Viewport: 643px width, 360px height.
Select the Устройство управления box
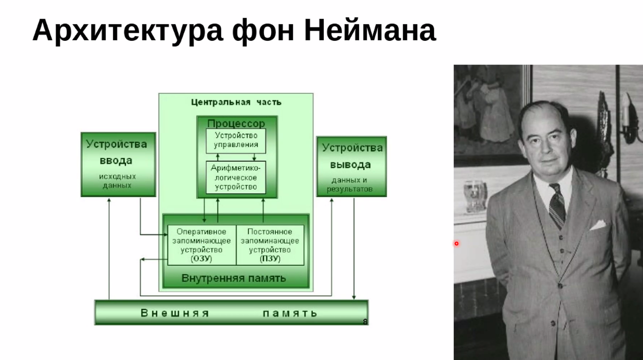(x=236, y=141)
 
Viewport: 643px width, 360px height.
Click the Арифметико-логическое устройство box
(x=236, y=177)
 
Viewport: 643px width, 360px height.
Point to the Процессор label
(x=236, y=123)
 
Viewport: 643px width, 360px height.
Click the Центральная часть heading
(x=236, y=102)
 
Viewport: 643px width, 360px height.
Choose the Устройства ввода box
(x=118, y=164)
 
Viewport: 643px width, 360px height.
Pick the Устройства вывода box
(x=351, y=167)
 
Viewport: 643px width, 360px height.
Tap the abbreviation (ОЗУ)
(x=201, y=259)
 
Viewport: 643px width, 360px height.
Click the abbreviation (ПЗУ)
(x=270, y=259)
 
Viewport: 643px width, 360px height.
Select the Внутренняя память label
(x=234, y=278)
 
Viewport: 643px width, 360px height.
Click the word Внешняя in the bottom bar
(x=175, y=313)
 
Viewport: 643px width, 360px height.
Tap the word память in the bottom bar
(x=290, y=313)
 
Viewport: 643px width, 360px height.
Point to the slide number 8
(x=365, y=322)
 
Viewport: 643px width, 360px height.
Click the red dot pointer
(x=456, y=244)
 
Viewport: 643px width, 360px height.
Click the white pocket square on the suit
(x=598, y=225)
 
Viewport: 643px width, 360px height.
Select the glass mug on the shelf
(x=475, y=197)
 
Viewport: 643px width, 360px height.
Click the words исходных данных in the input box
(x=118, y=181)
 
